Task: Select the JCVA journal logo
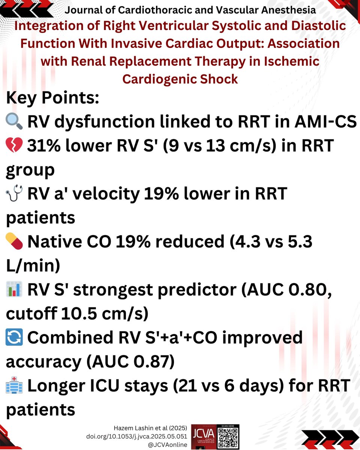203,437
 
